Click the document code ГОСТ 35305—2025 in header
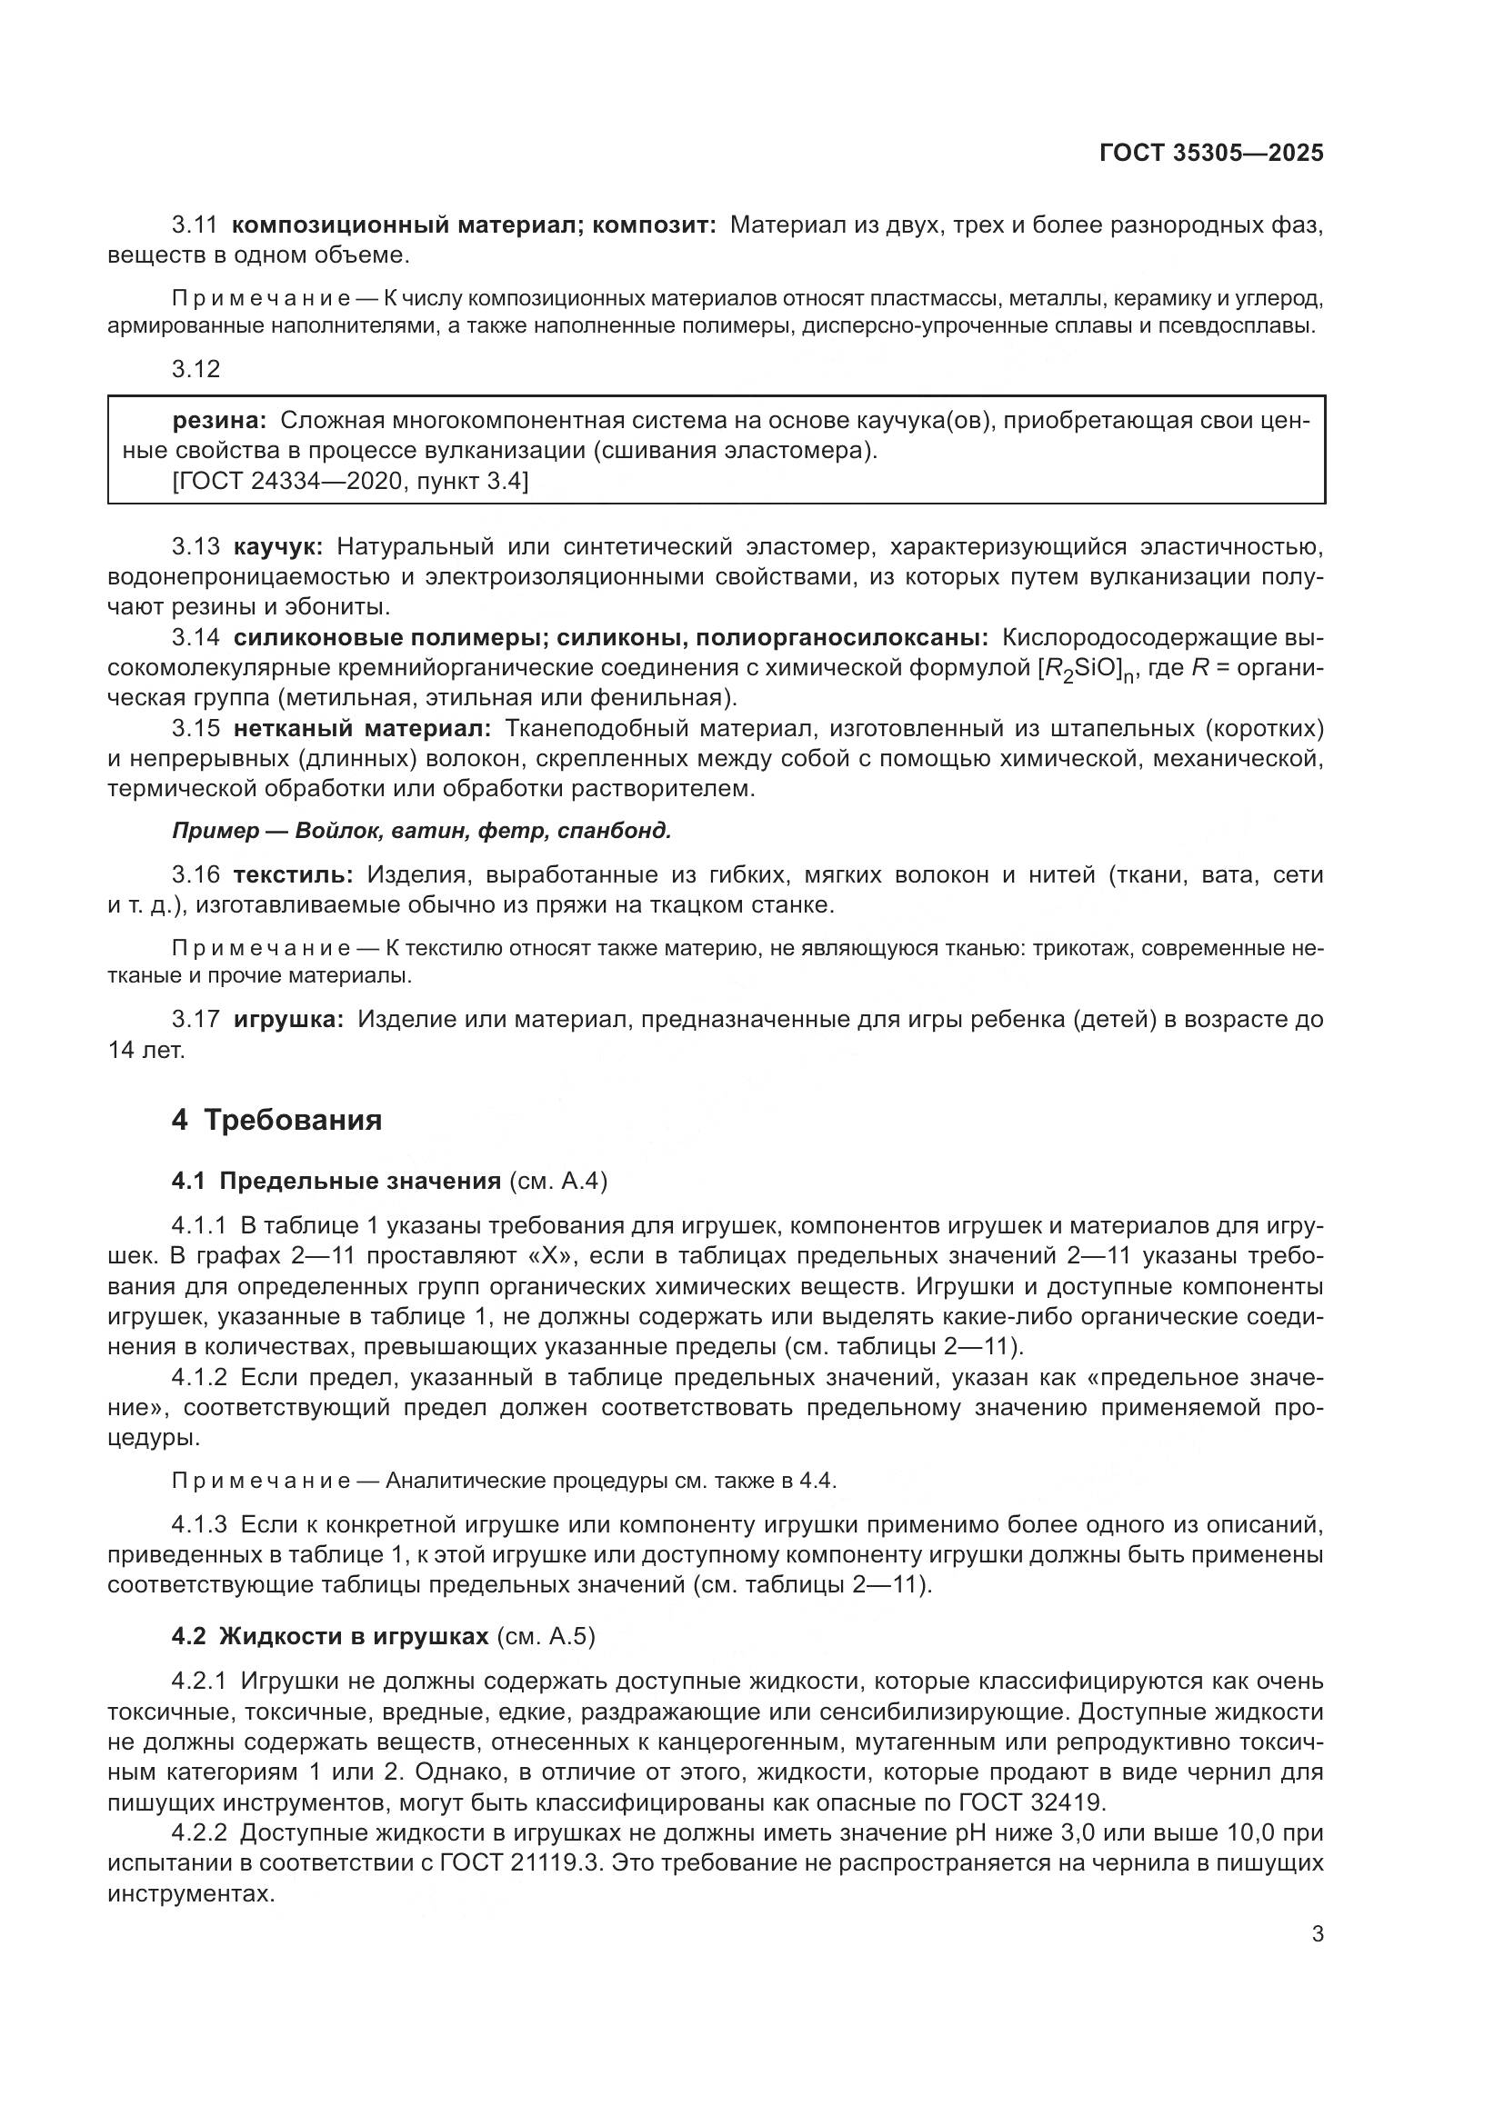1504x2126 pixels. pyautogui.click(x=1211, y=153)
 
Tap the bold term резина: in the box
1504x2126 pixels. pyautogui.click(x=219, y=421)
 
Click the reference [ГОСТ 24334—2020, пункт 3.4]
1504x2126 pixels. pyautogui.click(x=350, y=482)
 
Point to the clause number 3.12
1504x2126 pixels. pyautogui.click(x=196, y=369)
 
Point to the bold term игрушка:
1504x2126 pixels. pyautogui.click(x=288, y=1020)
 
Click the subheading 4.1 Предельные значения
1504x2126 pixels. pyautogui.click(x=336, y=1181)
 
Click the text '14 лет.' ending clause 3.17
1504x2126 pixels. pyautogui.click(x=146, y=1050)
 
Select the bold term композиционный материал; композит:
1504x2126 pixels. pyautogui.click(x=473, y=225)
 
